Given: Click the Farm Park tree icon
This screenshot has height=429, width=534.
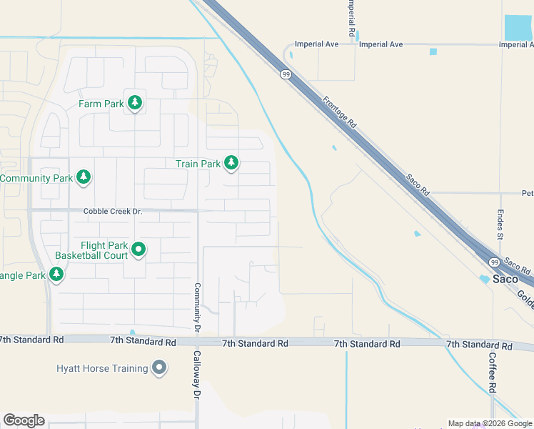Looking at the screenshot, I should click(134, 104).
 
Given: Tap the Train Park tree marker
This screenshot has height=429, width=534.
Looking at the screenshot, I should click(231, 164).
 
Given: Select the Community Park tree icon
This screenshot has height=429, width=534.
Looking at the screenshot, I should click(84, 177).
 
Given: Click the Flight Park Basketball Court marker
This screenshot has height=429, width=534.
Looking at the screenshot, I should click(138, 250).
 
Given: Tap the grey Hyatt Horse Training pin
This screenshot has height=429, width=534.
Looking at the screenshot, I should click(158, 368).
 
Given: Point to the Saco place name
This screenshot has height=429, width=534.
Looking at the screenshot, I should click(505, 279).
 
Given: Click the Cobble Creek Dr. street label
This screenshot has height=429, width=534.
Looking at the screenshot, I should click(113, 211).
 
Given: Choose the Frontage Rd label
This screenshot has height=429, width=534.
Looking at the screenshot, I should click(339, 112).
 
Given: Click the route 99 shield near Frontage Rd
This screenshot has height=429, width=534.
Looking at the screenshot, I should click(286, 74).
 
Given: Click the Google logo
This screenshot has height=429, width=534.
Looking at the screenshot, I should click(24, 420).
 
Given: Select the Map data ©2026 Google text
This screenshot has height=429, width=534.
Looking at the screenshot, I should click(490, 423).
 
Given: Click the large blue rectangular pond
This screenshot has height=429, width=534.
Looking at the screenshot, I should click(518, 27).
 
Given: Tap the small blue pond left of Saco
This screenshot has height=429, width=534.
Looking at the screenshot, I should click(485, 280).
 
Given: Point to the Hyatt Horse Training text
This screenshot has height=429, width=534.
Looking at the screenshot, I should click(102, 368).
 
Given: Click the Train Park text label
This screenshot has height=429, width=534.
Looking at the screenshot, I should click(198, 164).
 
